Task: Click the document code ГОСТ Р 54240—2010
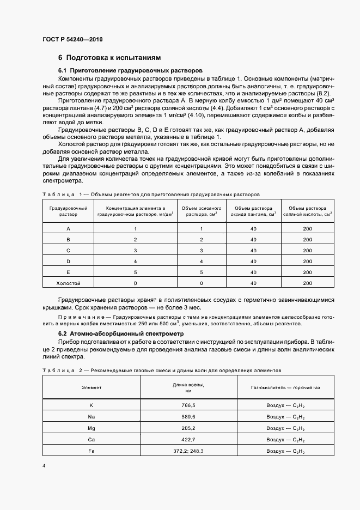click(72, 40)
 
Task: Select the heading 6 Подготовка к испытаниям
click(109, 58)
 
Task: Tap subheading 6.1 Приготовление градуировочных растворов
click(130, 70)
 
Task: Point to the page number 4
click(44, 466)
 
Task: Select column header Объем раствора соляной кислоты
click(308, 211)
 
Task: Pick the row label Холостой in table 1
click(68, 283)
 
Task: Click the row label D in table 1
click(68, 262)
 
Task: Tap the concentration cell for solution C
click(135, 251)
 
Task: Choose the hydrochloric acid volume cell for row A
click(308, 229)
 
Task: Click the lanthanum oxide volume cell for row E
click(253, 272)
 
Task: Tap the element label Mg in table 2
click(91, 428)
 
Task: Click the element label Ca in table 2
click(91, 440)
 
